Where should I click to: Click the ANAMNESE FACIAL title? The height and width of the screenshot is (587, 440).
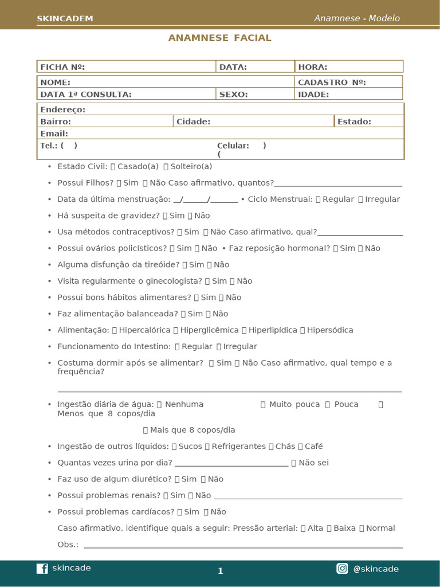click(219, 38)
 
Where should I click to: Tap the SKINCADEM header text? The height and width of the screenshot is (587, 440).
click(65, 19)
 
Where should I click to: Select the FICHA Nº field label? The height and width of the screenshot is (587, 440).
click(62, 67)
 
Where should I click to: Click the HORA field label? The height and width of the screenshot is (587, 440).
click(313, 67)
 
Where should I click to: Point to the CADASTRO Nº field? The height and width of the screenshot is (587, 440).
click(332, 82)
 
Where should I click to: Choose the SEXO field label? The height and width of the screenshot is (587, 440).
click(234, 94)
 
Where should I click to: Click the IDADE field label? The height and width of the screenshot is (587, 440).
click(313, 94)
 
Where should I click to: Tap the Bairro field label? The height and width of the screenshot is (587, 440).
click(56, 122)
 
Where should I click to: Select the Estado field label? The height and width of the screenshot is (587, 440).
click(354, 122)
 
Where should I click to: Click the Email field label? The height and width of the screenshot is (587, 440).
click(54, 134)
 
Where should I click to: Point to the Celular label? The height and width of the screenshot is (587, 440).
click(233, 146)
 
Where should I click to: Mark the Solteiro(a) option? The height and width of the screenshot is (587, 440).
click(166, 166)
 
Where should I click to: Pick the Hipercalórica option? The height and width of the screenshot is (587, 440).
click(115, 330)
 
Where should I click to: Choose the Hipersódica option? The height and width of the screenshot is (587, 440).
click(302, 330)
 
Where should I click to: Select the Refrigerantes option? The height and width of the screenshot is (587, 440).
click(207, 446)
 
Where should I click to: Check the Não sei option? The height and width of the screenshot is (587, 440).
click(294, 463)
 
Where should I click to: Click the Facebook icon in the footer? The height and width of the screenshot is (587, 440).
click(42, 569)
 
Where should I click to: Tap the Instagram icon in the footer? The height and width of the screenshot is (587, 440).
click(342, 569)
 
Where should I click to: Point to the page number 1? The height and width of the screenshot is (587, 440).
click(220, 571)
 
